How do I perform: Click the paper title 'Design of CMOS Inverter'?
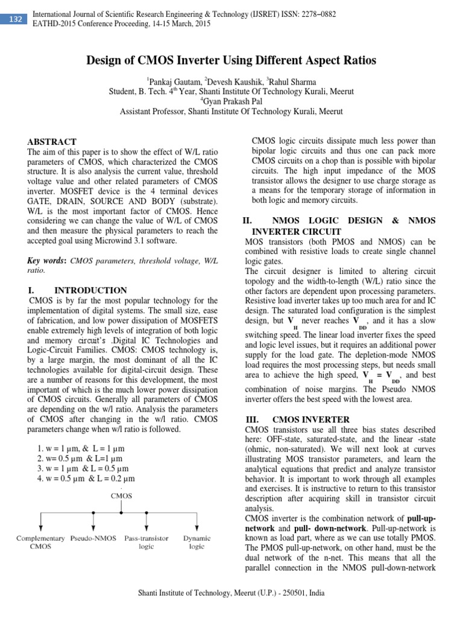coord(231,60)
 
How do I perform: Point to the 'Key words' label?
coord(47,260)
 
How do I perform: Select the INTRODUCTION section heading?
coord(90,290)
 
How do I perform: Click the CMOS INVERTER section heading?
coord(310,419)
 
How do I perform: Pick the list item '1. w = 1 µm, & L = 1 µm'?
coord(80,449)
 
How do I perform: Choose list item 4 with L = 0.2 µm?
coord(85,478)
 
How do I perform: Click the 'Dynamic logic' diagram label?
coord(197,541)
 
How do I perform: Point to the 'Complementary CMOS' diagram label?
coord(40,541)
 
